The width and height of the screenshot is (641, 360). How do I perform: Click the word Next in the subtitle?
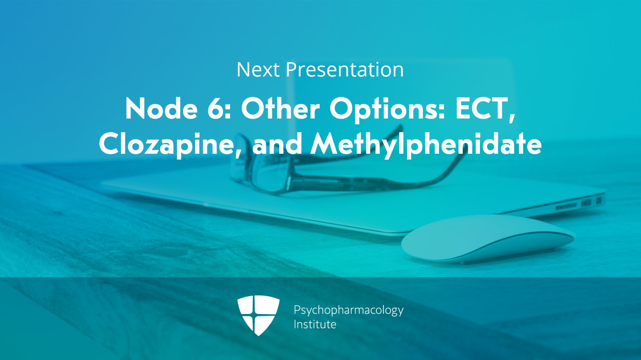(x=258, y=70)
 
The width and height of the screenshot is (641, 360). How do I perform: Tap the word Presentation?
(x=345, y=70)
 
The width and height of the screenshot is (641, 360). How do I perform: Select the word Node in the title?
(x=161, y=109)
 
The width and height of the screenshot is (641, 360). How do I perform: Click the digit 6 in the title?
(x=215, y=109)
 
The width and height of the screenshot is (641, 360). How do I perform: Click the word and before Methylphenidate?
(x=277, y=144)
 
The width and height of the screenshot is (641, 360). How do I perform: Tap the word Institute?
(x=315, y=324)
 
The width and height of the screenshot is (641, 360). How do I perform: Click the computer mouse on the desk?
(x=488, y=239)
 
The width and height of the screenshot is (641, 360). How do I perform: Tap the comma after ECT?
(x=511, y=117)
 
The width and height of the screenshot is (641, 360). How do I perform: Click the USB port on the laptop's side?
(x=586, y=203)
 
